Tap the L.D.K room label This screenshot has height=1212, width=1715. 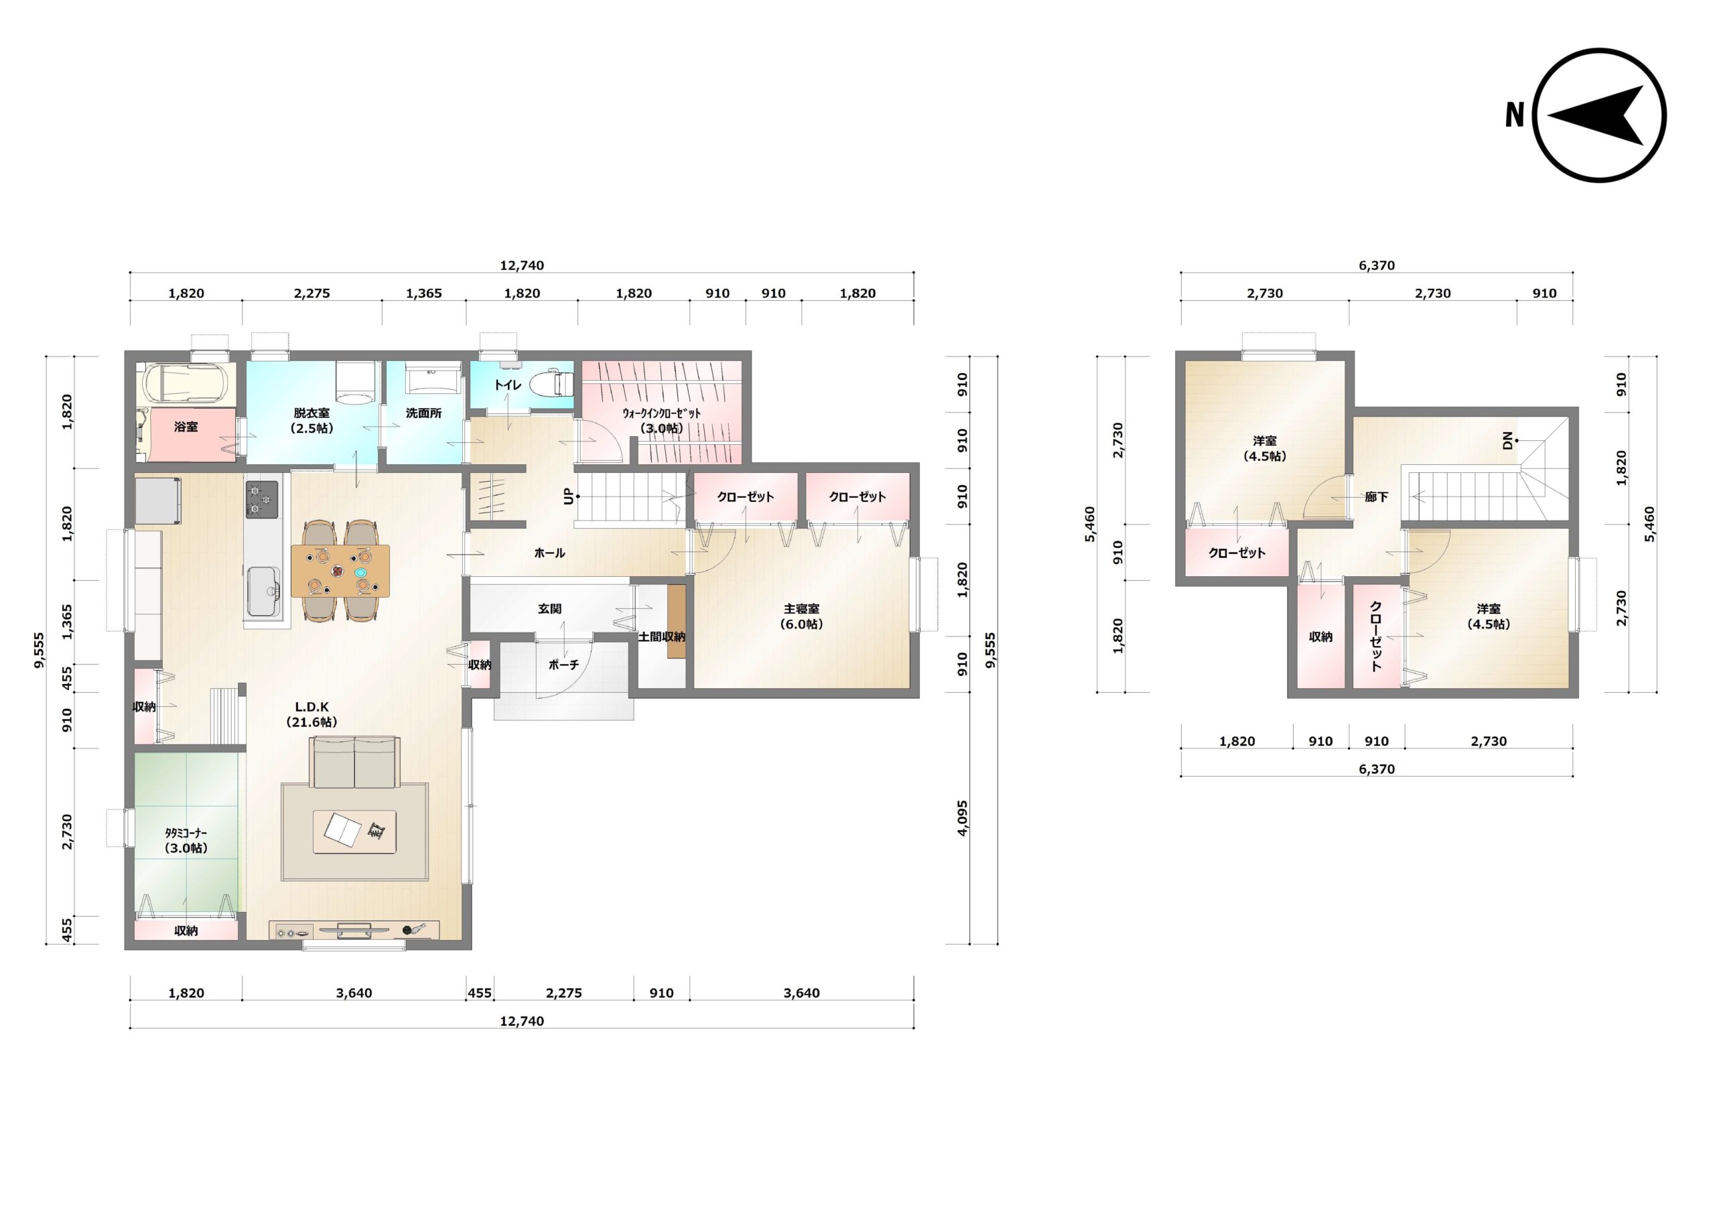coord(312,707)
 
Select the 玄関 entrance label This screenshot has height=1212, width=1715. coord(549,609)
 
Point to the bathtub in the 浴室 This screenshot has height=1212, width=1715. coord(186,383)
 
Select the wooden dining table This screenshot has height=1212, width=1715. coord(340,571)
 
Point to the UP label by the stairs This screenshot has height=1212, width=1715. coord(569,496)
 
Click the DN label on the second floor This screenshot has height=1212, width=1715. coord(1507,441)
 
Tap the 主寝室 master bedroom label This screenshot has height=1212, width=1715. coord(801,609)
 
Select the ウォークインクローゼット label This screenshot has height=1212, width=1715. coord(662,413)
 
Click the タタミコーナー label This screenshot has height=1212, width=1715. coord(186,832)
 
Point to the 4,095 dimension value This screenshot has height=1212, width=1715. coord(962,818)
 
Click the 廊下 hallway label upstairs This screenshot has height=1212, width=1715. coord(1376,497)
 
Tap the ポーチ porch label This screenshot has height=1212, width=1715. coord(563,664)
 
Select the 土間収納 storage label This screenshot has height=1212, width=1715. coord(662,636)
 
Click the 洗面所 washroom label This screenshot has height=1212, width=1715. coord(423,413)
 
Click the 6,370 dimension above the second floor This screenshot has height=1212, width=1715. coord(1377,265)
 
